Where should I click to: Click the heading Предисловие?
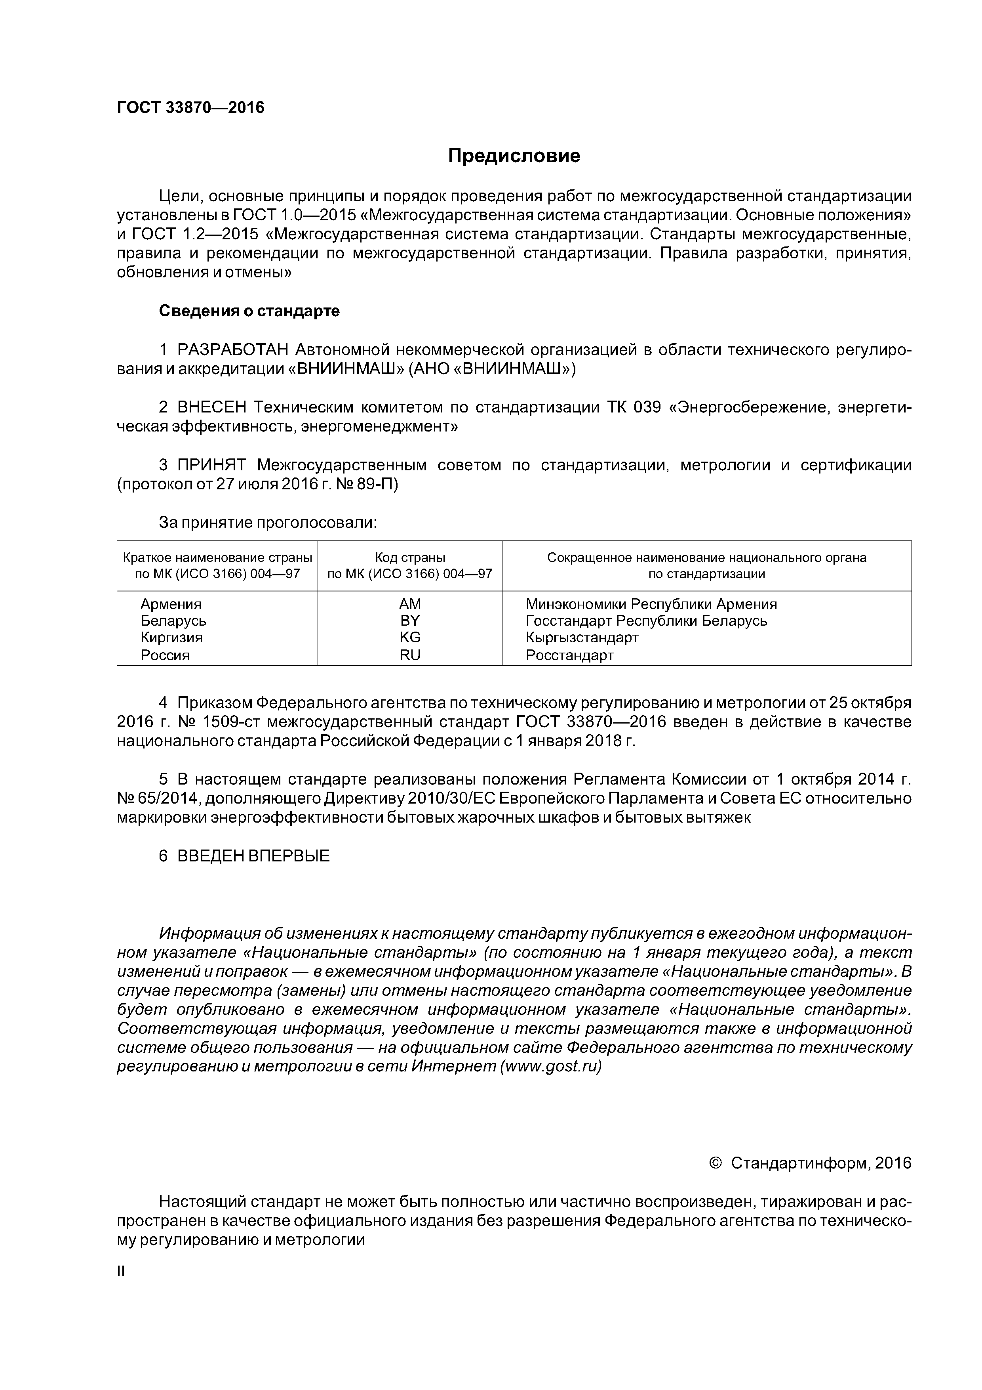point(514,156)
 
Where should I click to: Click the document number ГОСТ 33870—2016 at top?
point(190,108)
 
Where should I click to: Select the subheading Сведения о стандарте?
point(249,311)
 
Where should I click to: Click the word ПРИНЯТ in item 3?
point(212,465)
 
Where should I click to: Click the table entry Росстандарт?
point(569,655)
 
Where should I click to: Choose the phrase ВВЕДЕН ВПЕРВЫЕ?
point(253,855)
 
